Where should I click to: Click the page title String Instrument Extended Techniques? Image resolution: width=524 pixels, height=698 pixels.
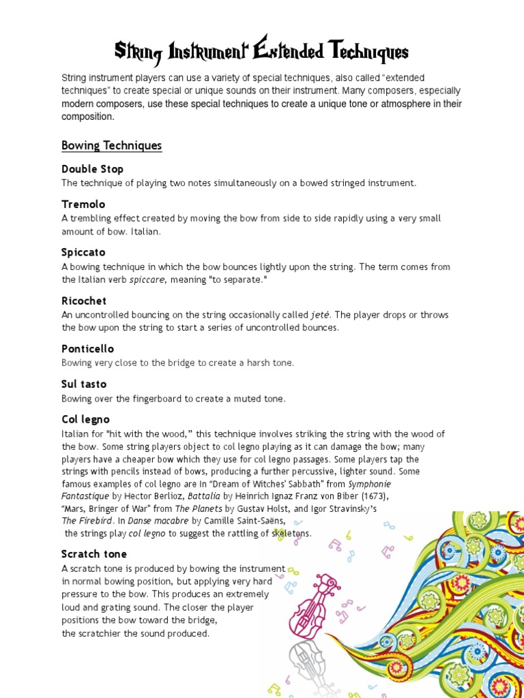261,51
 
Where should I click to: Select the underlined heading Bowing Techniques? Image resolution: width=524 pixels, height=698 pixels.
111,145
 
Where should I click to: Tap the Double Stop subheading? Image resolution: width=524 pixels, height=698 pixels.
92,168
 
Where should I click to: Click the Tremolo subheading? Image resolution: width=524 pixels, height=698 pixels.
83,204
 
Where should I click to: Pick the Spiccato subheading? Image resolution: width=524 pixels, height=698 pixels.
83,252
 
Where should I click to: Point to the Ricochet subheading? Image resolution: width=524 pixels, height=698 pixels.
84,301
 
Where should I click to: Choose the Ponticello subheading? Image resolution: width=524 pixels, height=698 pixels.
87,348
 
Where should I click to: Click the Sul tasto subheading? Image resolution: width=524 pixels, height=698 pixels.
84,384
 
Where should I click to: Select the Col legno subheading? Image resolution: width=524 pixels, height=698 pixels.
85,419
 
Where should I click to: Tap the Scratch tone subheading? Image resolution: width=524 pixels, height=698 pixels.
94,553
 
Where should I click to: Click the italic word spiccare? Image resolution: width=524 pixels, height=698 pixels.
147,279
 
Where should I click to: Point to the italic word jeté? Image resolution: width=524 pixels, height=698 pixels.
320,315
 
